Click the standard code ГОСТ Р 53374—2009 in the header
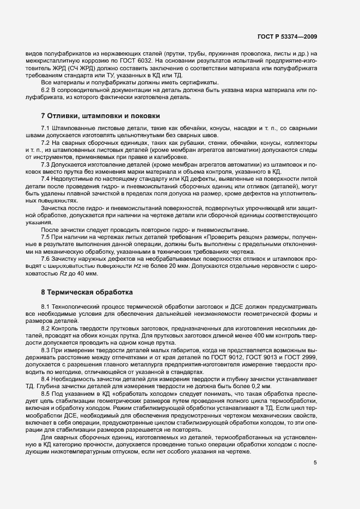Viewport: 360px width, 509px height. click(286, 36)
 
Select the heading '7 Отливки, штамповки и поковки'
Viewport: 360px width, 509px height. click(100, 115)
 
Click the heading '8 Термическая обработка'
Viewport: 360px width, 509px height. click(87, 292)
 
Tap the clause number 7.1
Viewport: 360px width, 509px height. click(46, 128)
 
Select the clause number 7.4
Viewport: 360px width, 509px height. click(46, 179)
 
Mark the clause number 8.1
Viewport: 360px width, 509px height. click(46, 308)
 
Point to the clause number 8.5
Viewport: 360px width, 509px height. click(46, 393)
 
